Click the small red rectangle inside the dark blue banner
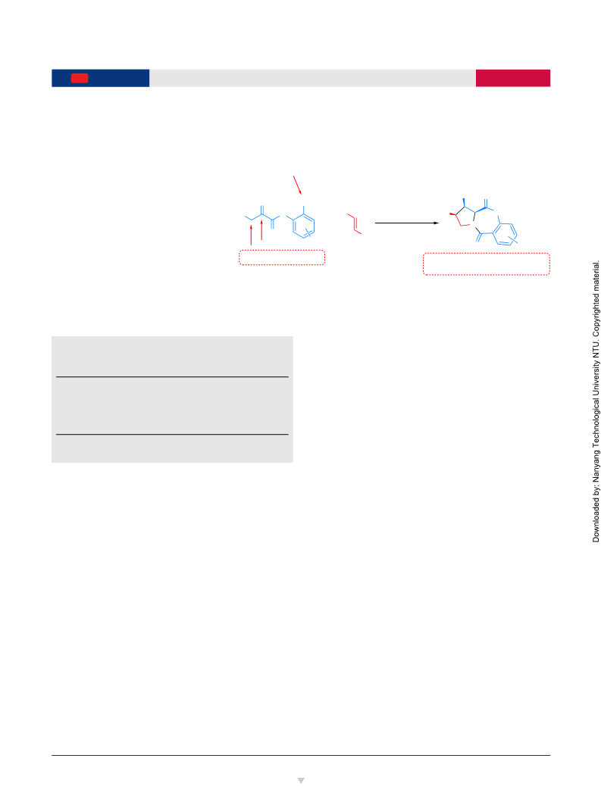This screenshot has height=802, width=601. click(80, 78)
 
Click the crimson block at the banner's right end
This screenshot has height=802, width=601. click(513, 78)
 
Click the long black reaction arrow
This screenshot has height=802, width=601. click(407, 223)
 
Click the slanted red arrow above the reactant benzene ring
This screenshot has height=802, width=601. click(297, 185)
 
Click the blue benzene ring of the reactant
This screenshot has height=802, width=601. click(304, 226)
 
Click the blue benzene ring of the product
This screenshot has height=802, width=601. click(506, 234)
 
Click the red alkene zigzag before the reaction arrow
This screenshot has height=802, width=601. click(354, 223)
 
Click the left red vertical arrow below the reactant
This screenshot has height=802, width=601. click(251, 236)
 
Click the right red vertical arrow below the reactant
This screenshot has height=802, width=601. click(261, 229)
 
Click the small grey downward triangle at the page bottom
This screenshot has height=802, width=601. click(301, 781)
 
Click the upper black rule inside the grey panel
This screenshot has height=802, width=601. click(172, 377)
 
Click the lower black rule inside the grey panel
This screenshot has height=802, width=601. click(172, 434)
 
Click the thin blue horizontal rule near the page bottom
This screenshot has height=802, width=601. click(301, 755)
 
